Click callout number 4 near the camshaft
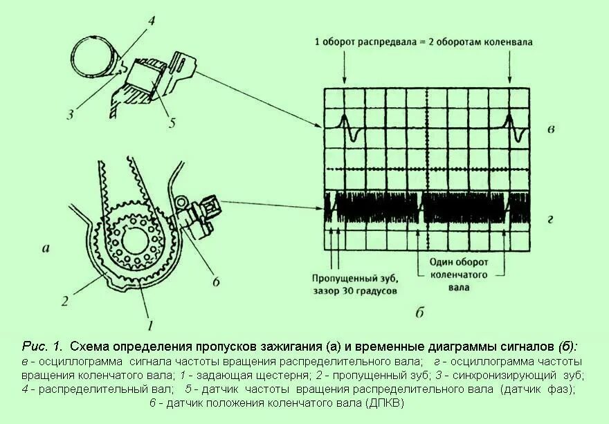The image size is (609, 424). (151, 19)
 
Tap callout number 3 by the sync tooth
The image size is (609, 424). (71, 114)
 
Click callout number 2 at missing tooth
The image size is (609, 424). (64, 301)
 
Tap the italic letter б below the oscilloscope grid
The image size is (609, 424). (420, 313)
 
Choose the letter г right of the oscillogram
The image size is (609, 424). (549, 220)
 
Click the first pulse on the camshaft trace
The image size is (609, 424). (348, 129)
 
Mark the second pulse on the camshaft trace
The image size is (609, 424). (513, 129)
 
